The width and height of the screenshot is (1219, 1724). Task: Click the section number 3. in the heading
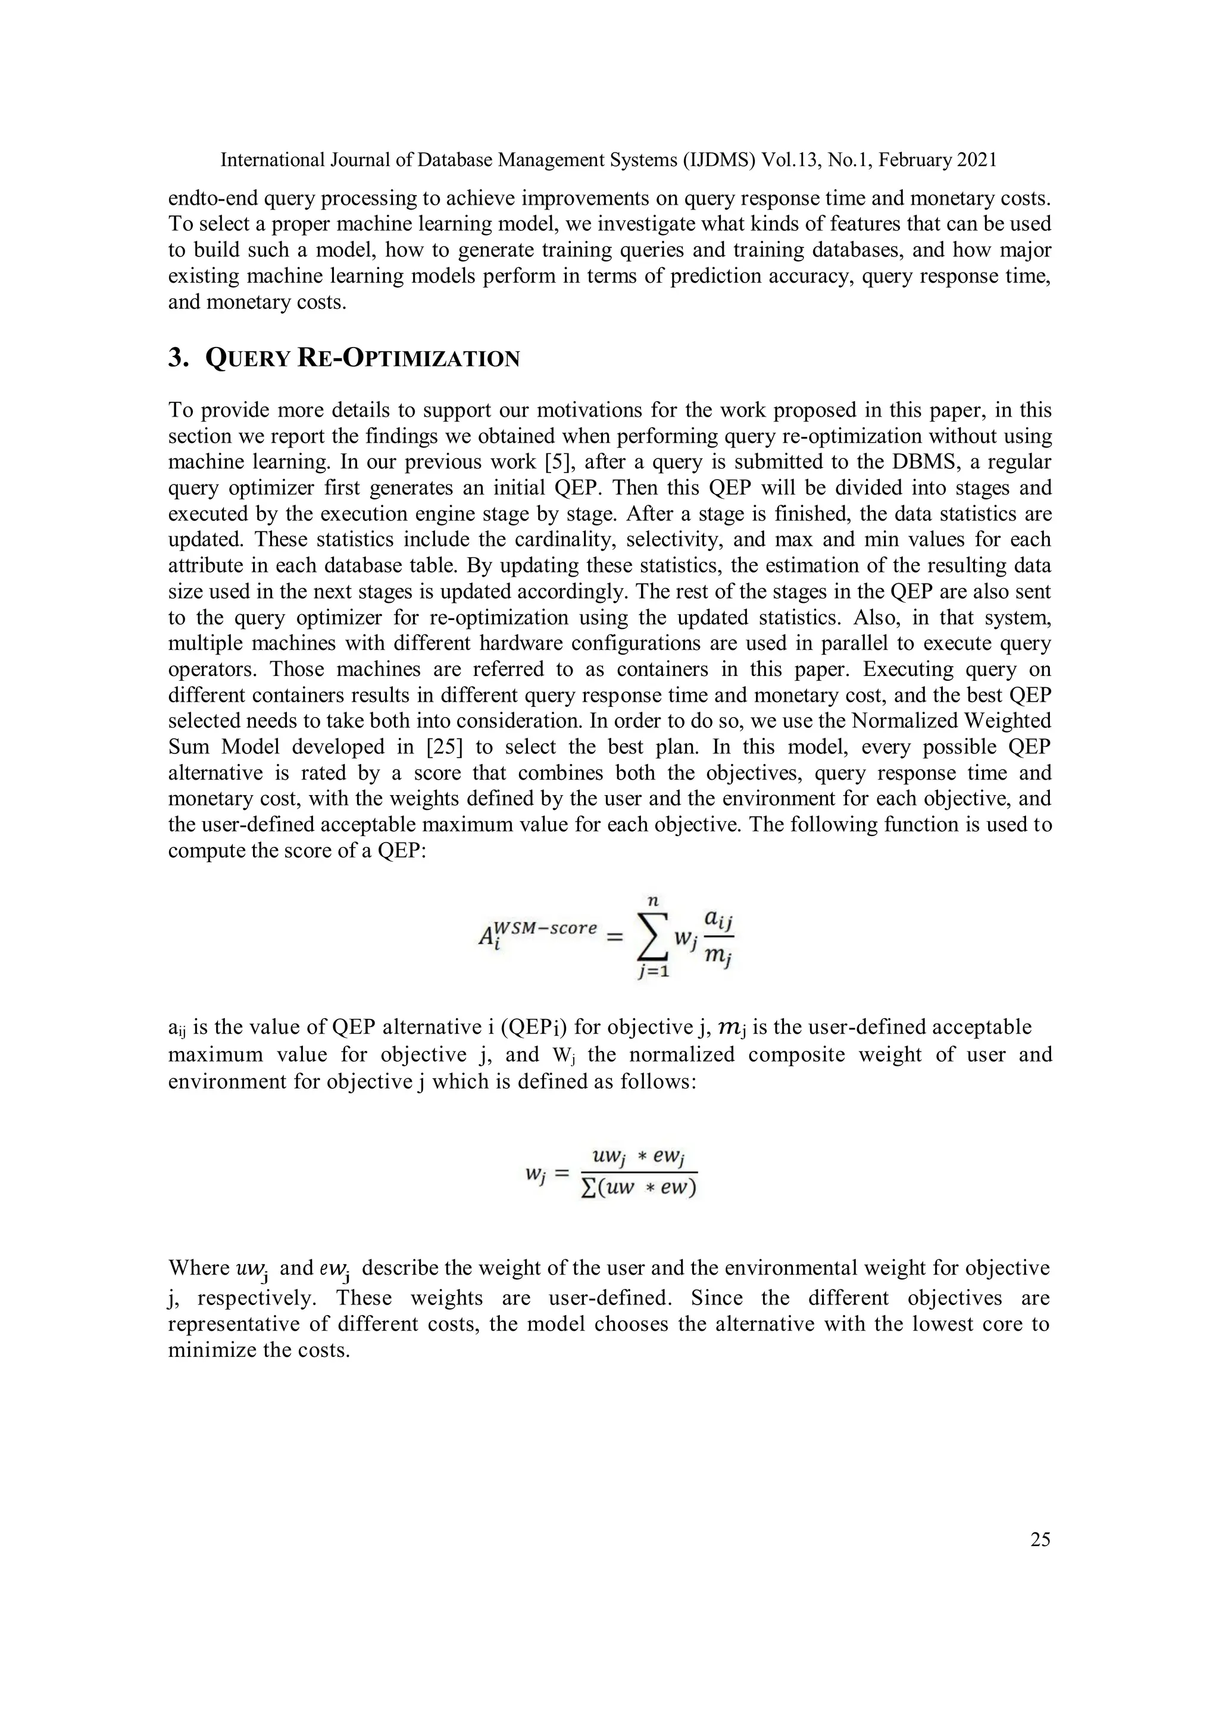(178, 358)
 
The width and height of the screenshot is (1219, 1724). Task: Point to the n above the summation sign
(653, 899)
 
